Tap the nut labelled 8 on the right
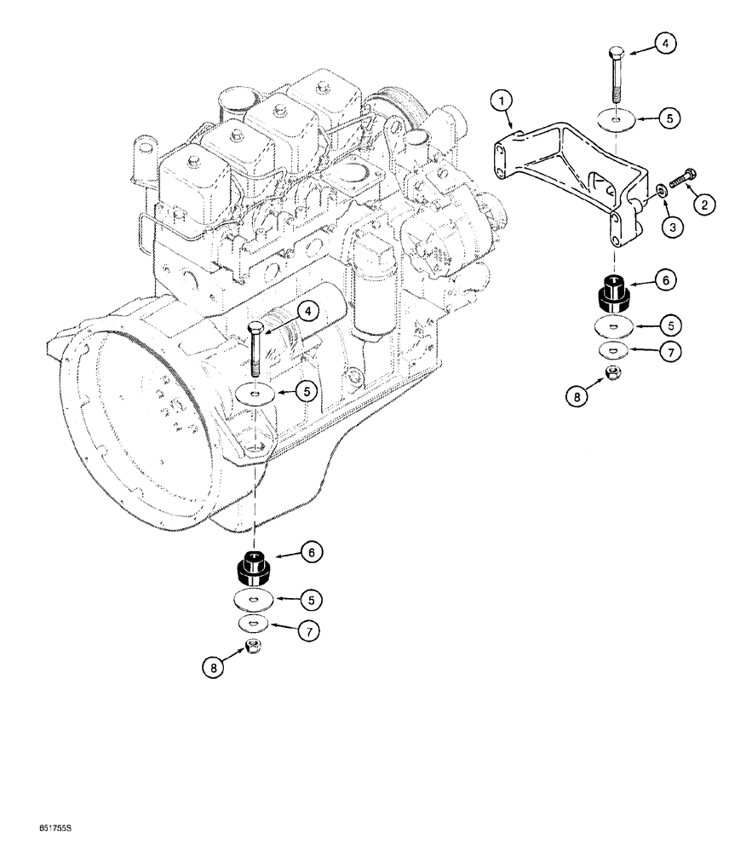tap(611, 371)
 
